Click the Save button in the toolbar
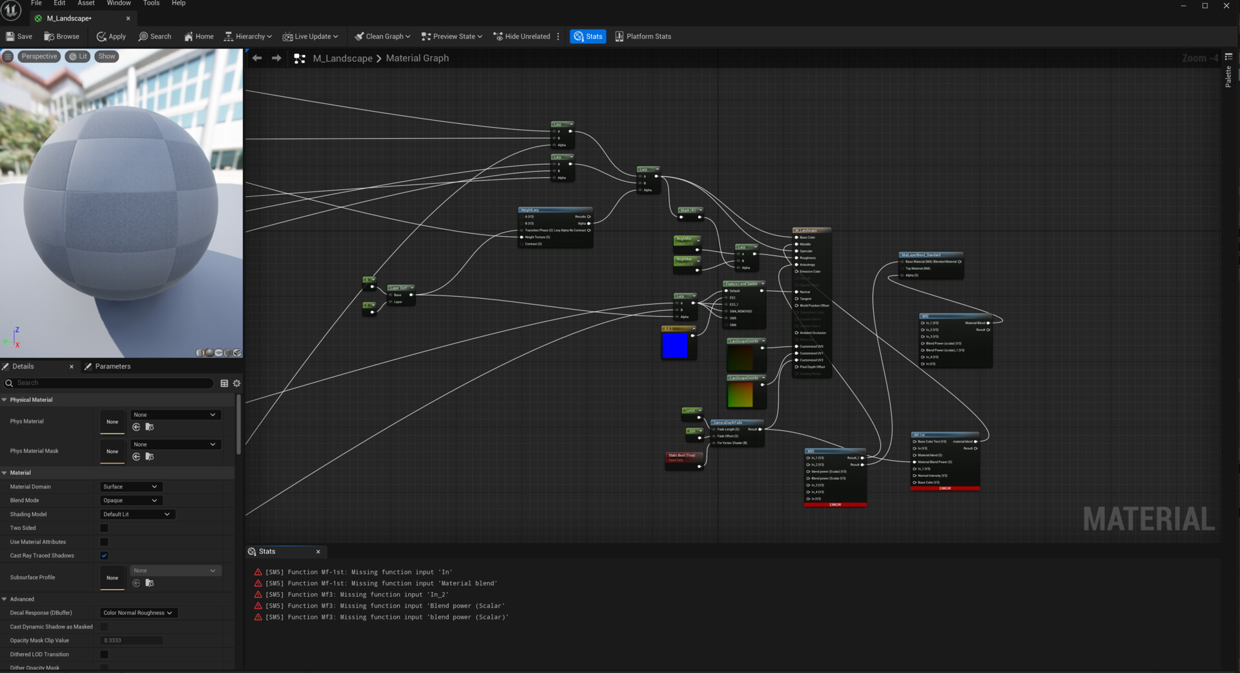pos(19,37)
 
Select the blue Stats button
pos(588,37)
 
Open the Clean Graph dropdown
pos(382,37)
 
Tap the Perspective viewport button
pos(39,57)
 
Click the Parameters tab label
pos(112,367)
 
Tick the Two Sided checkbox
pos(104,528)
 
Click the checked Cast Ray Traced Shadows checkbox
pos(104,556)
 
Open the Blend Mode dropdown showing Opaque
pos(130,501)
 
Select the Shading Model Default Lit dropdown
pos(137,514)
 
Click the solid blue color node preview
pos(674,345)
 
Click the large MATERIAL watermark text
pos(1148,519)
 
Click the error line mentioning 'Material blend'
pos(381,583)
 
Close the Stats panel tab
pos(318,552)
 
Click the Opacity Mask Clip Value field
pos(132,641)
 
